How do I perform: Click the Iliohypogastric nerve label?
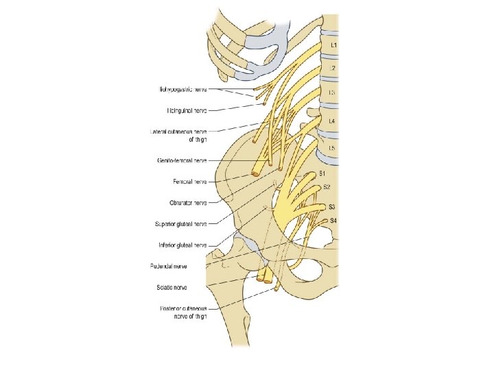(x=183, y=89)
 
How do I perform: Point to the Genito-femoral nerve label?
(x=182, y=161)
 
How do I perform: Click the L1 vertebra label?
(x=333, y=45)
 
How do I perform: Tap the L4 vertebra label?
(x=332, y=121)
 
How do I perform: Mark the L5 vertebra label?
(x=332, y=148)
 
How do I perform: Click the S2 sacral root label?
(x=327, y=187)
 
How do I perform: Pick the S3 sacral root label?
(x=331, y=206)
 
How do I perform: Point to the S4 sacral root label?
(x=333, y=220)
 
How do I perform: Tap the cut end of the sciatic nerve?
(x=263, y=280)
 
